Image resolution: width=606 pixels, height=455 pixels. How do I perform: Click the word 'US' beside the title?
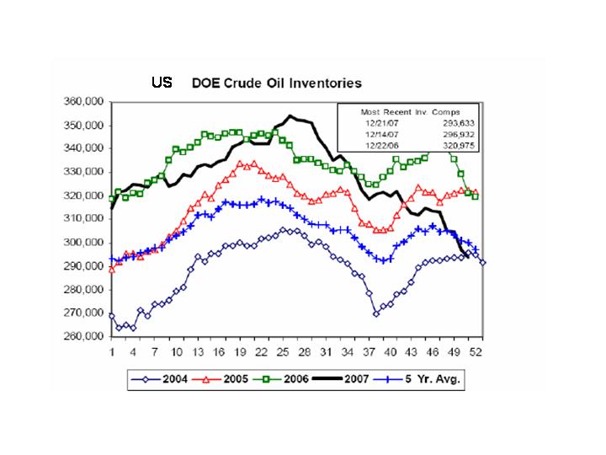click(x=162, y=83)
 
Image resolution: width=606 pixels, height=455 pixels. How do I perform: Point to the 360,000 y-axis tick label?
click(x=83, y=101)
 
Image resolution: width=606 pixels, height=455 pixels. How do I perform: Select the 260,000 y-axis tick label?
click(x=83, y=336)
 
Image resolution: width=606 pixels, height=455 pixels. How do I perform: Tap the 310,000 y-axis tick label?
click(x=83, y=219)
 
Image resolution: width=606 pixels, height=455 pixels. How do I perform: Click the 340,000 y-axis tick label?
click(x=83, y=148)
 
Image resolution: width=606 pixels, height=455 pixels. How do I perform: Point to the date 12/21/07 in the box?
click(x=376, y=121)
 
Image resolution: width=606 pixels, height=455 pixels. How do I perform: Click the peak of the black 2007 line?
click(x=290, y=116)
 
